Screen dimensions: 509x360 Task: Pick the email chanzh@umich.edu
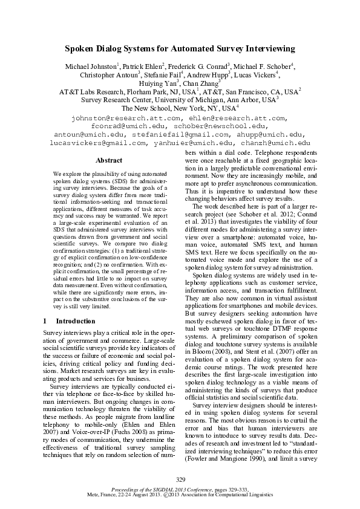point(268,143)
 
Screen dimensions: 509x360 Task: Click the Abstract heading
point(109,160)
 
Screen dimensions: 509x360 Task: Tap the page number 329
point(180,479)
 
